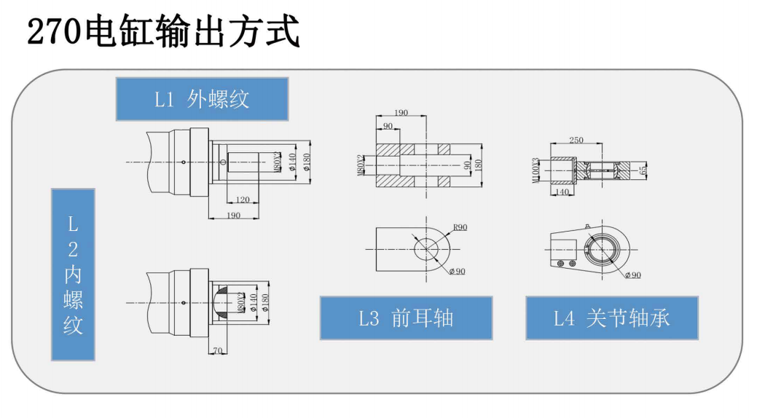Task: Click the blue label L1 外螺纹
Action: point(202,99)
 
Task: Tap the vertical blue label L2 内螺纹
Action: point(73,275)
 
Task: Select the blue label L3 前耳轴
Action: point(406,318)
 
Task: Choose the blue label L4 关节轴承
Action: point(612,318)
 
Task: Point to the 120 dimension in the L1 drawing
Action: point(243,200)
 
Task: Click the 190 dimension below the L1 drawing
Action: point(232,216)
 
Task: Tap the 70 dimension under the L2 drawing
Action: point(217,350)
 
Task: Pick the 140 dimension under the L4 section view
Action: point(561,192)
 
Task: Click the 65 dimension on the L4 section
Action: point(643,171)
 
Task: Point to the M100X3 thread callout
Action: point(535,171)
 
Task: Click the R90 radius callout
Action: point(460,228)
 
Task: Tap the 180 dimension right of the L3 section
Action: point(479,166)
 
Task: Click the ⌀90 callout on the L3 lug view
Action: point(457,272)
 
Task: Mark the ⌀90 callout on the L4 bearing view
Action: point(632,275)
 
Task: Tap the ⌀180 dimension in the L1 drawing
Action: point(307,162)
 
